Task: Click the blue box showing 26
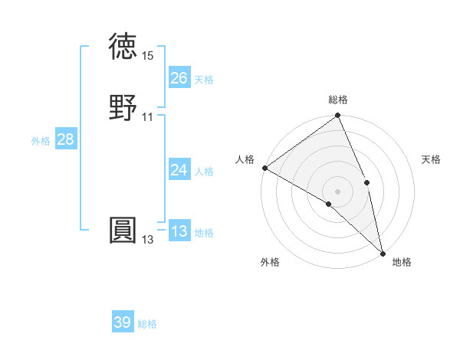[179, 78]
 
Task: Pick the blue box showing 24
[179, 170]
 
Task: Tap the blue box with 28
[65, 139]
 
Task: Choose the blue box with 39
[123, 322]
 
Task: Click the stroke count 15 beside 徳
[148, 56]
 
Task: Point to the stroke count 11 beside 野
[148, 117]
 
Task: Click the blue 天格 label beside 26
[204, 80]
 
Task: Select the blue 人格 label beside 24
[204, 172]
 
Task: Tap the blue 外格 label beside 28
[41, 141]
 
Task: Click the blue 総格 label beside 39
[147, 324]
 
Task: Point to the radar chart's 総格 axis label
[338, 100]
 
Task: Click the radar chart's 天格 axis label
[431, 159]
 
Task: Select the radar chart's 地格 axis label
[402, 262]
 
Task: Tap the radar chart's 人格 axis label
[245, 159]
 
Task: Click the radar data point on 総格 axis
[337, 116]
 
